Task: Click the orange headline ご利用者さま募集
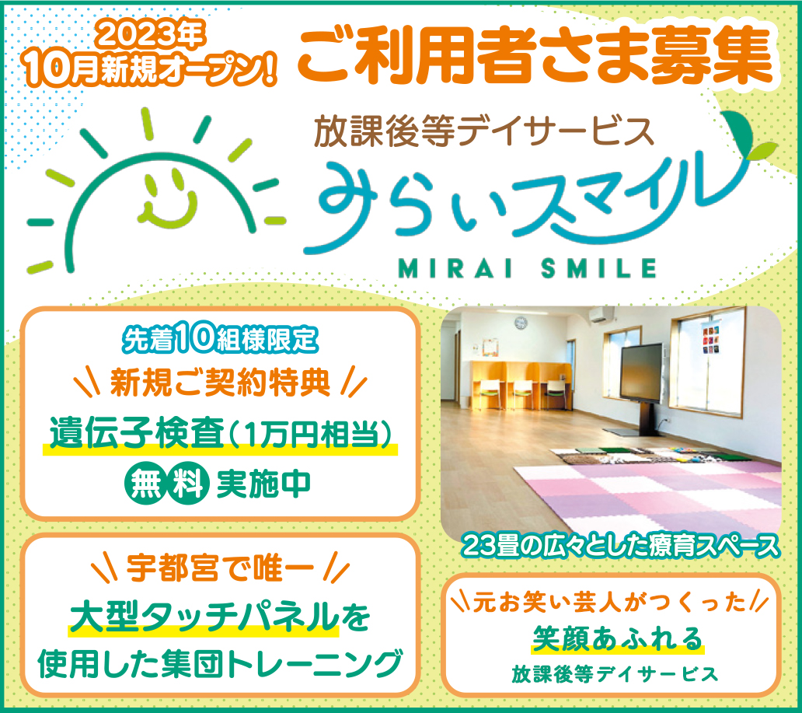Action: (534, 55)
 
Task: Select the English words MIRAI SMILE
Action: (528, 268)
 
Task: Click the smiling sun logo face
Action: (169, 201)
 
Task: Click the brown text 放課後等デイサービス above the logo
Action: (484, 131)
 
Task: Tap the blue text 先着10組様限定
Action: (220, 338)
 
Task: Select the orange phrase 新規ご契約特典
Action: (220, 383)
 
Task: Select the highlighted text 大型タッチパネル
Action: (204, 617)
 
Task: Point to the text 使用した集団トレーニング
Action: (220, 662)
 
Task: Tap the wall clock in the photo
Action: (521, 323)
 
